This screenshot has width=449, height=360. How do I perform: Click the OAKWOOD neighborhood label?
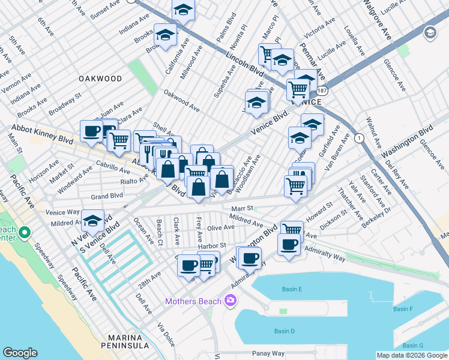pyautogui.click(x=99, y=79)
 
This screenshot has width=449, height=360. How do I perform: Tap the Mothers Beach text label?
pyautogui.click(x=192, y=301)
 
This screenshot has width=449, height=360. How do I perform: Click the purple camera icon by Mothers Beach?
pyautogui.click(x=229, y=301)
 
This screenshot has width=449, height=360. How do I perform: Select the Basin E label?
pyautogui.click(x=292, y=289)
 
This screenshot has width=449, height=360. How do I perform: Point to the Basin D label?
pyautogui.click(x=284, y=331)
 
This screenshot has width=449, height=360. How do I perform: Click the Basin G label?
pyautogui.click(x=413, y=346)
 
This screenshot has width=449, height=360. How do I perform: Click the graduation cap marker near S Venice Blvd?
pyautogui.click(x=92, y=222)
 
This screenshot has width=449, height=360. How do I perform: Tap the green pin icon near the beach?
pyautogui.click(x=24, y=232)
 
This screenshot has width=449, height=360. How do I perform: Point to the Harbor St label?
pyautogui.click(x=212, y=245)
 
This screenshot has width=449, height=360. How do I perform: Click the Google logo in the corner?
pyautogui.click(x=20, y=353)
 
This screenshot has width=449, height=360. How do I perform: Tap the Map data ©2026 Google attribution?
pyautogui.click(x=412, y=355)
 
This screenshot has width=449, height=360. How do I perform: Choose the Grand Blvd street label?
pyautogui.click(x=106, y=196)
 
